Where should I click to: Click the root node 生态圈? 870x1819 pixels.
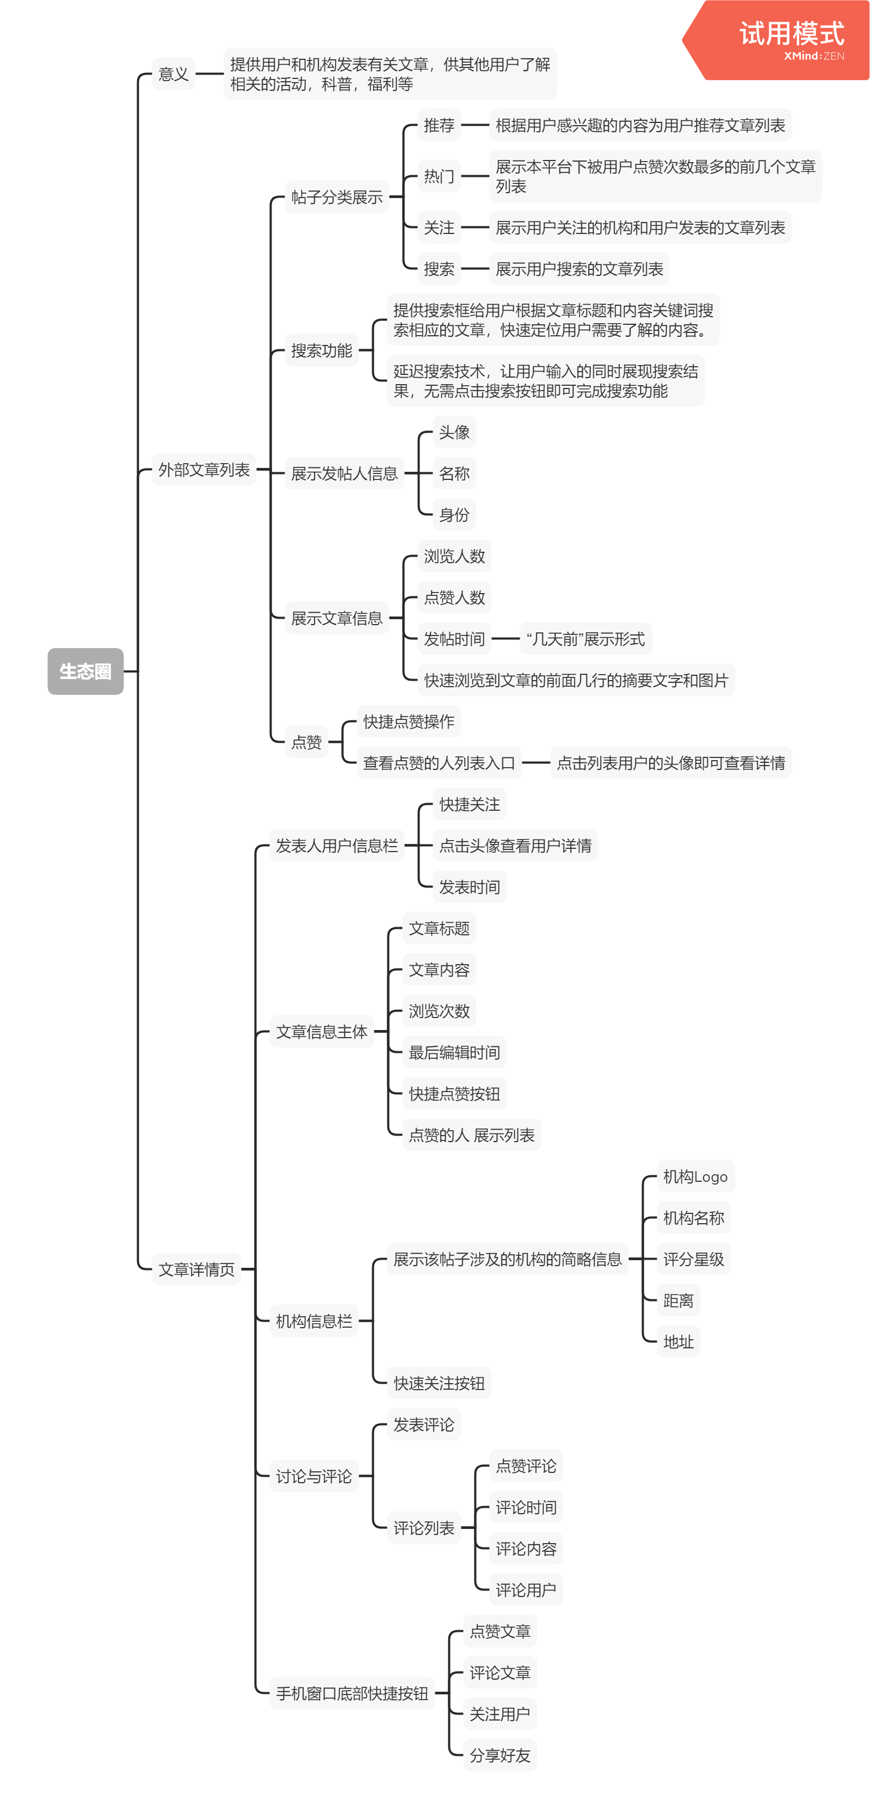85,671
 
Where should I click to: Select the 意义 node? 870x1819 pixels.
174,73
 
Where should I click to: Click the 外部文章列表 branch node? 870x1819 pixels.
204,470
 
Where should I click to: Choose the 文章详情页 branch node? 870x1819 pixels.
196,1269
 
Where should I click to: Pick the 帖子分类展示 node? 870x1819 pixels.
337,197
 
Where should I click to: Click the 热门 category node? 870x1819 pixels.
439,176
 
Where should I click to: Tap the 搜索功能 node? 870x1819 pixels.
322,350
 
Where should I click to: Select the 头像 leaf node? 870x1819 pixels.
454,432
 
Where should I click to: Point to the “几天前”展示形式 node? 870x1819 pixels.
585,639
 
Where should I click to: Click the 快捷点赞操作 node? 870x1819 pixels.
408,721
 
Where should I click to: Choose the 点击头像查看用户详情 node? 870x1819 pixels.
515,845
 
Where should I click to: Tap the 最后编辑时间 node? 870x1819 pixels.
454,1052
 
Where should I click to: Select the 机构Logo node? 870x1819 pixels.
695,1176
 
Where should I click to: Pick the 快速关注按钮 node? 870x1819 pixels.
439,1383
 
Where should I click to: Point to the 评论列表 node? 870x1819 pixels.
424,1527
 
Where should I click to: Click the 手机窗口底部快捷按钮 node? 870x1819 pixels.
351,1693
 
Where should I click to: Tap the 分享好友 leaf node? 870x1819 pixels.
500,1755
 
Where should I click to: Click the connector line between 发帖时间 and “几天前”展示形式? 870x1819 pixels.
505,639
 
